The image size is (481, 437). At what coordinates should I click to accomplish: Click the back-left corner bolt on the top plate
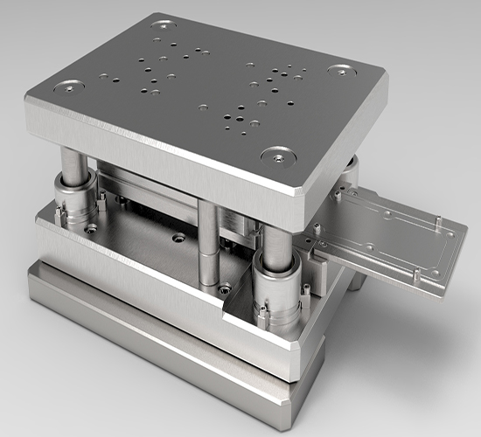(164, 24)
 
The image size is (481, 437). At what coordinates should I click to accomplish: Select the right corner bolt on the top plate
(339, 70)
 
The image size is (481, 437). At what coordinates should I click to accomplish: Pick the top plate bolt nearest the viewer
(277, 156)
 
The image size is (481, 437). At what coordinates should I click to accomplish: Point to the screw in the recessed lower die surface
(180, 237)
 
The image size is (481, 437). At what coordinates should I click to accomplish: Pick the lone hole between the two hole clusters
(203, 108)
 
